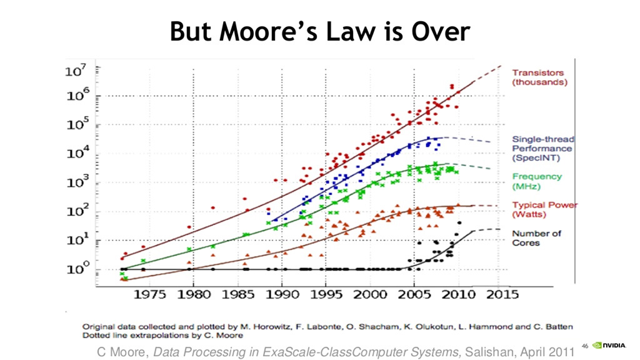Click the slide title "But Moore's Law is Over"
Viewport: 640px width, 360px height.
coord(319,32)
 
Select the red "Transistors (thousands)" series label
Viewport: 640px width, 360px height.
coord(539,77)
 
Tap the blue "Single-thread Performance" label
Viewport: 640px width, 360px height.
coord(542,149)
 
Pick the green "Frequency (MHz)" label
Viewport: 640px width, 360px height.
coord(537,181)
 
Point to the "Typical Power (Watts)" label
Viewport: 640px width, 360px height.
coord(544,209)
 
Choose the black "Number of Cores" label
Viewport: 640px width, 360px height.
coord(537,237)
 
